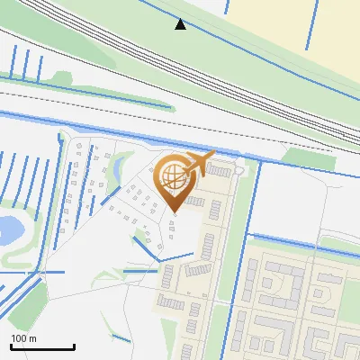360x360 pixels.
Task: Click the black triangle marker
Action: tap(181, 24)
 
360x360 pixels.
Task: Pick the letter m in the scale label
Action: tap(33, 338)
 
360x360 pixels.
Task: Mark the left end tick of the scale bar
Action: tap(10, 346)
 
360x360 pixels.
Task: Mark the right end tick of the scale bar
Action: tap(74, 346)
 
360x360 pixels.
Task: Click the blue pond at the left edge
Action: tap(9, 230)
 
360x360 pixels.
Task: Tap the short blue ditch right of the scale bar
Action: tap(119, 337)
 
